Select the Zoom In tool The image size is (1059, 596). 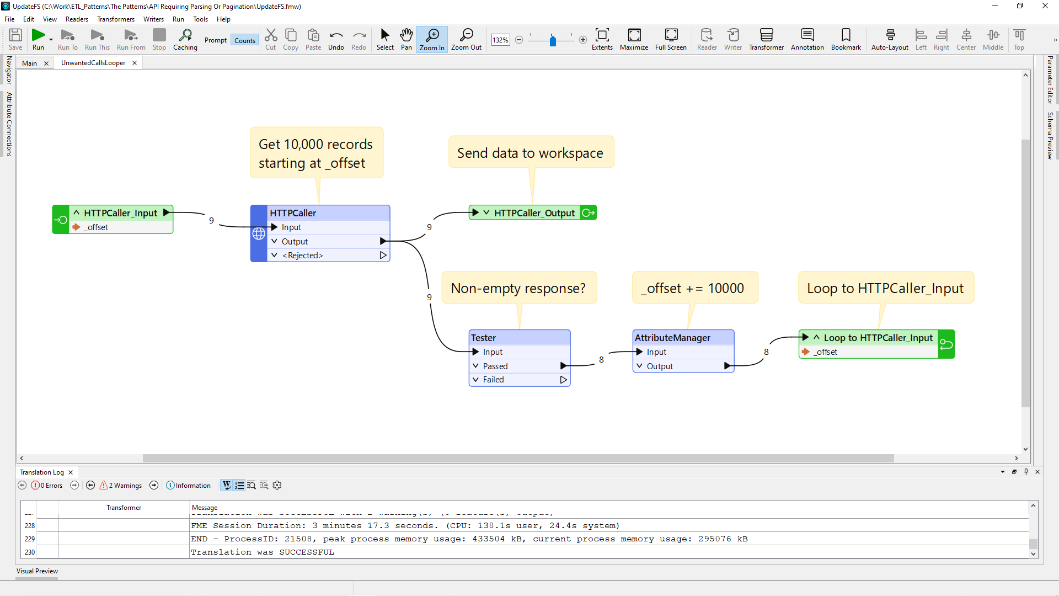click(x=432, y=39)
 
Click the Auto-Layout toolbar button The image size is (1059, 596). click(x=890, y=39)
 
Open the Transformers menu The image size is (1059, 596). click(x=115, y=19)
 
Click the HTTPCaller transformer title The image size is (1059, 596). click(x=293, y=213)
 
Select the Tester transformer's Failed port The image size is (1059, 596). click(x=493, y=380)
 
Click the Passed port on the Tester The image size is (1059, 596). click(x=495, y=366)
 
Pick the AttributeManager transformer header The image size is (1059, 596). click(x=672, y=338)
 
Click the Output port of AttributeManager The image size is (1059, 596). click(x=660, y=366)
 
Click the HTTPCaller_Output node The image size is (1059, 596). click(x=534, y=213)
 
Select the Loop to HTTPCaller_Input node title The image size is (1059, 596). click(x=878, y=338)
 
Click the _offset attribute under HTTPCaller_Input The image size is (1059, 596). click(x=97, y=227)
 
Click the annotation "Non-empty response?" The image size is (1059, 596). click(x=518, y=288)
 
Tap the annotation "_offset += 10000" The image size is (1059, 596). click(x=695, y=288)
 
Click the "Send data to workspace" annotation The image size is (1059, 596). click(x=530, y=153)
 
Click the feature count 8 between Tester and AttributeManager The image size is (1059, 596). click(x=601, y=360)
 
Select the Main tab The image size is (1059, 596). click(x=29, y=63)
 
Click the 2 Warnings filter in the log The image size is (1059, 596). click(x=121, y=486)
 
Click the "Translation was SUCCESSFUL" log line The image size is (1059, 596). click(x=263, y=552)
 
